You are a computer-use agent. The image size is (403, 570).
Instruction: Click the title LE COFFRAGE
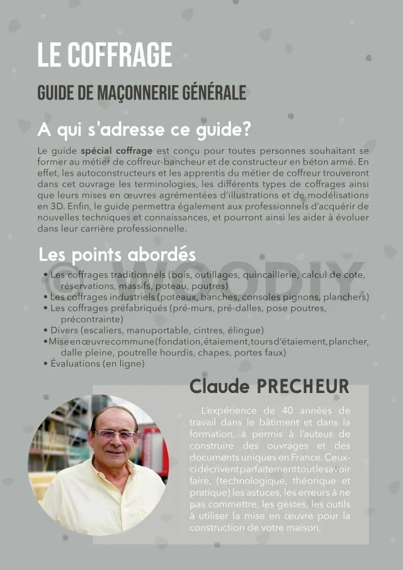click(x=105, y=55)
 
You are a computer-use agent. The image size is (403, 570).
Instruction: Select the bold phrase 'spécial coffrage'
click(x=116, y=151)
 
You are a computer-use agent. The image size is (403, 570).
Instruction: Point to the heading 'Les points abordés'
click(x=117, y=255)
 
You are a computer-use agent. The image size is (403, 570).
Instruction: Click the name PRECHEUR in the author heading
click(x=303, y=386)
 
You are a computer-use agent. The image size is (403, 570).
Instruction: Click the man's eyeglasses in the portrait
click(x=115, y=435)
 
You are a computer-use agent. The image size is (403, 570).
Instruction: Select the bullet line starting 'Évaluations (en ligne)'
click(x=98, y=364)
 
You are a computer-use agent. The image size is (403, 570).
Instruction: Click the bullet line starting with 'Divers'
click(x=157, y=330)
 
